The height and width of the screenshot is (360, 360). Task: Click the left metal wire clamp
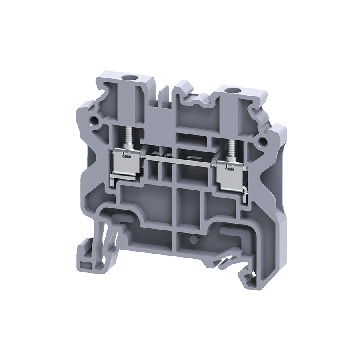[125, 162]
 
